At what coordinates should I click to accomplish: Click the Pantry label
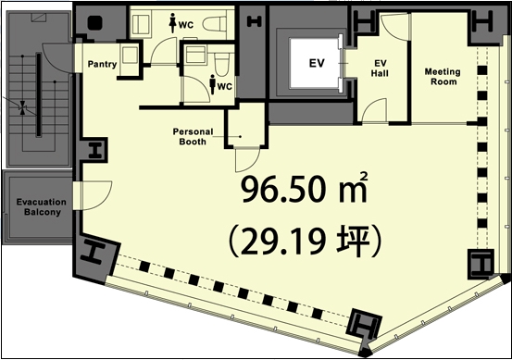click(x=102, y=64)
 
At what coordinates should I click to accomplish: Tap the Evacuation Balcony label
click(x=42, y=207)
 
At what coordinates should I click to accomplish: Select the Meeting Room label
click(x=443, y=77)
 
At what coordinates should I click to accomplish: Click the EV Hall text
click(x=380, y=68)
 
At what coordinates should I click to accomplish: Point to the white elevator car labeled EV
click(x=314, y=63)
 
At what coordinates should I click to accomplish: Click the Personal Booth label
click(x=193, y=136)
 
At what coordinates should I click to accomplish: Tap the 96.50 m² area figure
click(x=305, y=188)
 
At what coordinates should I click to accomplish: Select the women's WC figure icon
click(x=172, y=22)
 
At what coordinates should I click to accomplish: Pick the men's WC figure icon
click(x=213, y=84)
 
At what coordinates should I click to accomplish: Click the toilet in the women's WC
click(x=215, y=23)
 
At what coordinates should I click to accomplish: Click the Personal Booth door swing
click(x=247, y=160)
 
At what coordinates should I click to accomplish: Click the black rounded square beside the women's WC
click(x=95, y=23)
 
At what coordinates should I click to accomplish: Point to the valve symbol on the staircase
click(x=22, y=108)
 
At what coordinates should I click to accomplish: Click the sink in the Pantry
click(x=130, y=55)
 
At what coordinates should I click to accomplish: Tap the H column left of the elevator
click(x=255, y=22)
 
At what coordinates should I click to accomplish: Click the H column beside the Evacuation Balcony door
click(x=95, y=150)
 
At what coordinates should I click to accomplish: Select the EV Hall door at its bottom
click(x=375, y=111)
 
